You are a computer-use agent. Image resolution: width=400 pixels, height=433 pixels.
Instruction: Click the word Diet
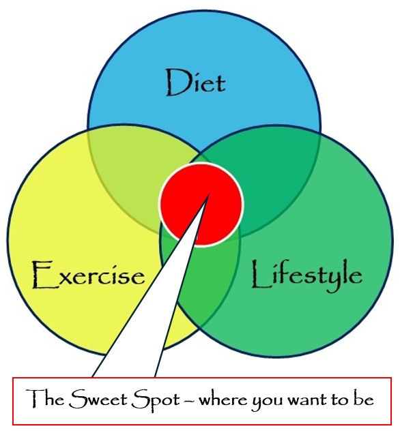coord(196,83)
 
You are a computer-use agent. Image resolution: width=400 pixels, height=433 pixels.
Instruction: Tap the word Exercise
coord(88,275)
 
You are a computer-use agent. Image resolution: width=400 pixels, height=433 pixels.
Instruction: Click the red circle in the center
coord(201,205)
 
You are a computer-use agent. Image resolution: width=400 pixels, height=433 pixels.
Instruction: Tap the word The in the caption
coord(45,398)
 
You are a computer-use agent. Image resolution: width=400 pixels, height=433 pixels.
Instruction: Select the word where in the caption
coord(223,400)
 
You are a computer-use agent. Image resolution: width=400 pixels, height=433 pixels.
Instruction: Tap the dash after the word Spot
coord(190,400)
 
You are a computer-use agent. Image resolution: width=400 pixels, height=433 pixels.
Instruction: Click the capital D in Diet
coord(175,83)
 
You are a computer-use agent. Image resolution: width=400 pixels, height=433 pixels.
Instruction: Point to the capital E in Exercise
coord(42,275)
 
